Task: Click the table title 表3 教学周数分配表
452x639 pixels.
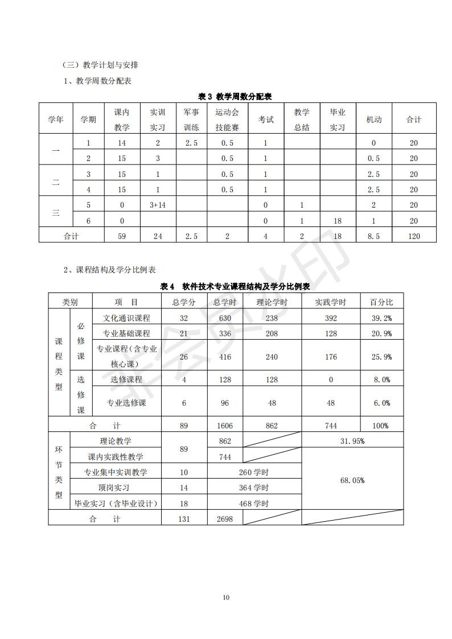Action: pyautogui.click(x=235, y=96)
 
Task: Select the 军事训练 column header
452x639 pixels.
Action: pyautogui.click(x=191, y=120)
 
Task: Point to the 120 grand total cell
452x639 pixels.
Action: pyautogui.click(x=414, y=236)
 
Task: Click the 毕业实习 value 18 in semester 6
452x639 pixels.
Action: pyautogui.click(x=337, y=221)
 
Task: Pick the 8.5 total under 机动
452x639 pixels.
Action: pyautogui.click(x=373, y=236)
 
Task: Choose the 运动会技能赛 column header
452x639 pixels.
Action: pyautogui.click(x=227, y=120)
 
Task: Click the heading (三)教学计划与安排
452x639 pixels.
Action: pyautogui.click(x=100, y=65)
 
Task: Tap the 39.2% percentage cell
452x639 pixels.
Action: pyautogui.click(x=381, y=318)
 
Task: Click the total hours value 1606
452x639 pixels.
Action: pyautogui.click(x=224, y=426)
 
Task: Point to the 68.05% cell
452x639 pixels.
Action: pyautogui.click(x=352, y=480)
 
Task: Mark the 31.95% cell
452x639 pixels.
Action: pyautogui.click(x=352, y=441)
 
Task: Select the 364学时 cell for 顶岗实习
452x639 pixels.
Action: pyautogui.click(x=254, y=488)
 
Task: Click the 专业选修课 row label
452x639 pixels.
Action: pyautogui.click(x=126, y=403)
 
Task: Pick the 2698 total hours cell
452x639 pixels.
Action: pyautogui.click(x=224, y=519)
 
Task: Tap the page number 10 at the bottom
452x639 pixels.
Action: pyautogui.click(x=226, y=597)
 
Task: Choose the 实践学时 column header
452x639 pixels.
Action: pyautogui.click(x=330, y=302)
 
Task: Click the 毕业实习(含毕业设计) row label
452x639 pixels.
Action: pyautogui.click(x=116, y=504)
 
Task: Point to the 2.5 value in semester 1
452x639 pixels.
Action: pyautogui.click(x=191, y=143)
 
